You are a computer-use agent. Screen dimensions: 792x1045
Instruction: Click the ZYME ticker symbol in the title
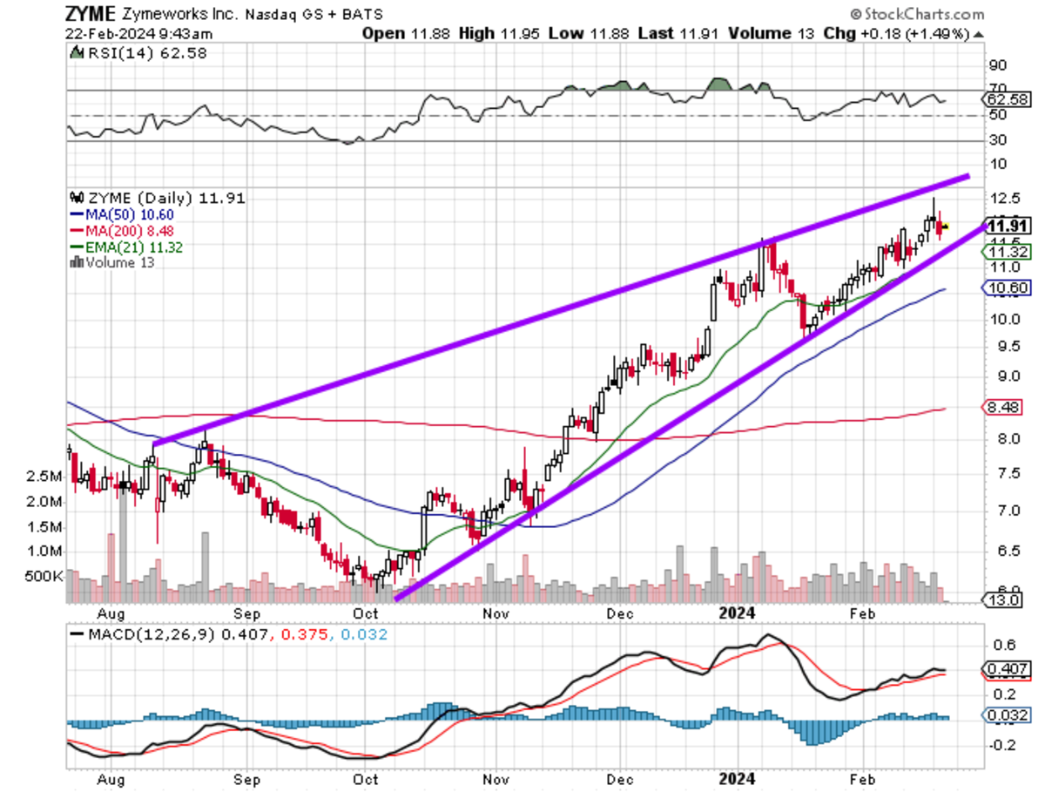(x=90, y=14)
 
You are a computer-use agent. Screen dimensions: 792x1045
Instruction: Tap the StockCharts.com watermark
(x=916, y=14)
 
